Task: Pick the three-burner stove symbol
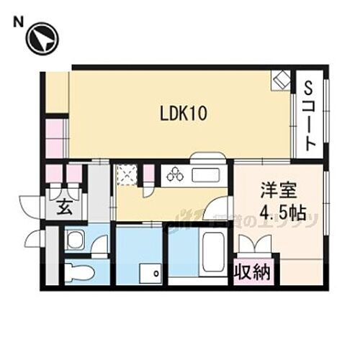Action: (175, 175)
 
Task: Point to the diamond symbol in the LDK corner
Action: (281, 81)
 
